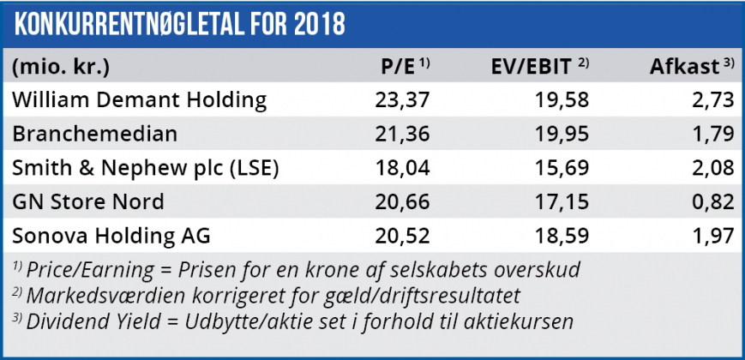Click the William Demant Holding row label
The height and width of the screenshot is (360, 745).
139,100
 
